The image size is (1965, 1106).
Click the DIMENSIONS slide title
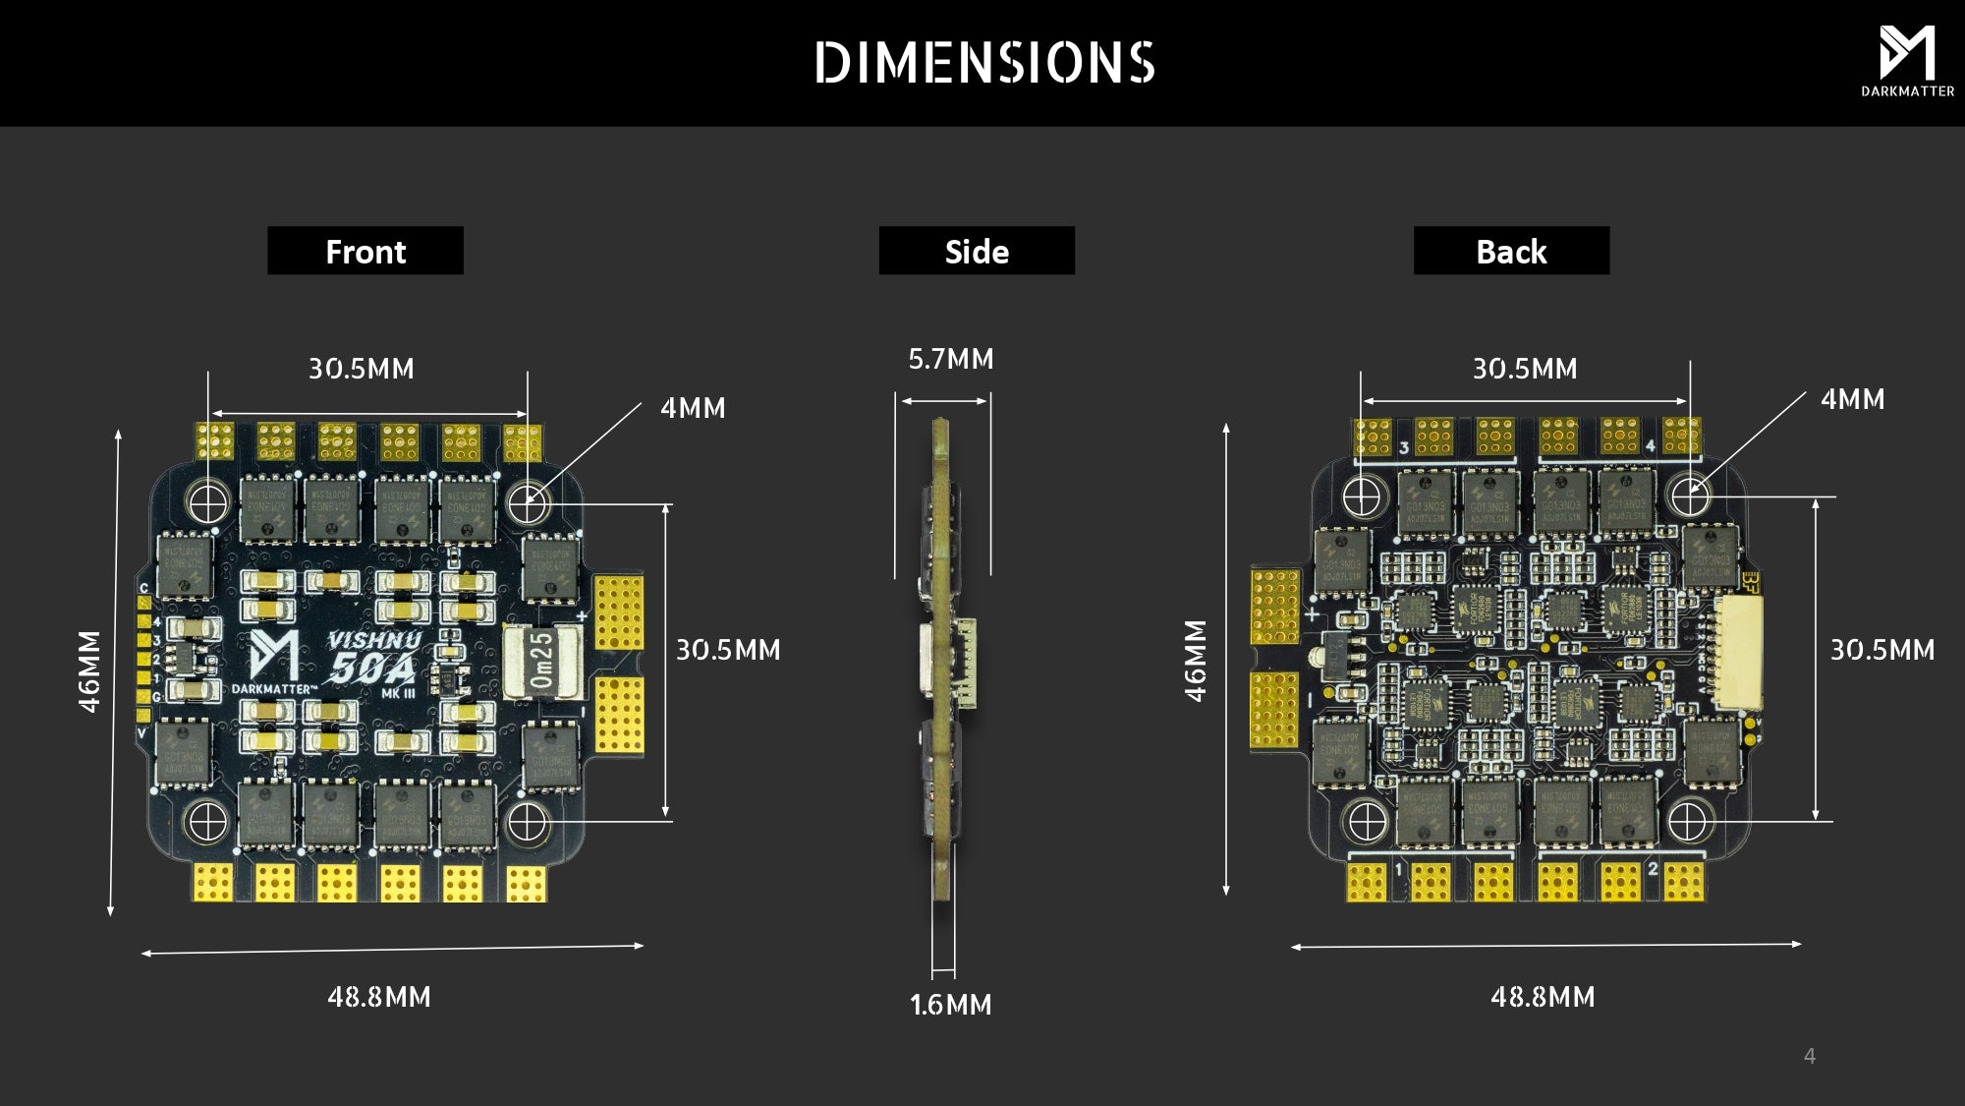984,63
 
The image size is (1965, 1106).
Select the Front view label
365,252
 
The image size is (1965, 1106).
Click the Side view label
977,252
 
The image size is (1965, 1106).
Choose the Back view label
1511,252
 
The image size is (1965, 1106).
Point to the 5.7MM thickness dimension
951,360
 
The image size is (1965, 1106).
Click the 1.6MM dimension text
950,1005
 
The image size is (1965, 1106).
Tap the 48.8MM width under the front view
379,997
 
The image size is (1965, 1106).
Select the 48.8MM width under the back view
1543,997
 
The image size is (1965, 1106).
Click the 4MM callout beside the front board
693,408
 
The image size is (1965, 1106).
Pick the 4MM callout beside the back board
1852,399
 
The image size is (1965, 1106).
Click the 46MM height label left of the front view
89,671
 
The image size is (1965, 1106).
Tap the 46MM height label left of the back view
1195,661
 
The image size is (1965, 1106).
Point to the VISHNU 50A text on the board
373,657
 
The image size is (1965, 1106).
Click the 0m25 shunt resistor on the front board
541,661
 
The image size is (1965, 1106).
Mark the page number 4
1809,1056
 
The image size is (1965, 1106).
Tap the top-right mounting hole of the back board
1690,496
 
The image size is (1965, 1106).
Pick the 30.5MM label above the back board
1524,369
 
